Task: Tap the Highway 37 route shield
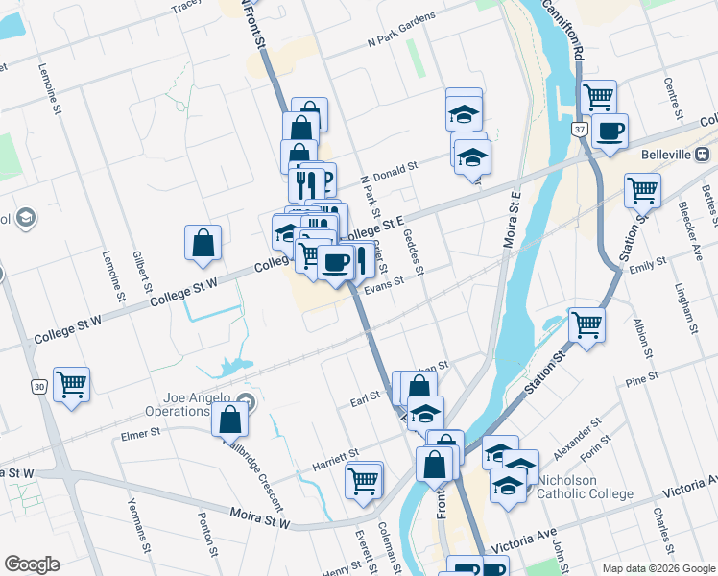[x=580, y=129]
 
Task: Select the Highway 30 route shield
[x=38, y=386]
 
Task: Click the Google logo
[x=32, y=564]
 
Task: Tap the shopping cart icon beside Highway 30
[x=71, y=385]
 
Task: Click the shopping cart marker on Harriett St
[x=364, y=480]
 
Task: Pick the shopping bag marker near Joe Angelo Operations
[x=230, y=419]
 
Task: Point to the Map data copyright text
[x=658, y=568]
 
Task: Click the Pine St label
[x=638, y=382]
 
